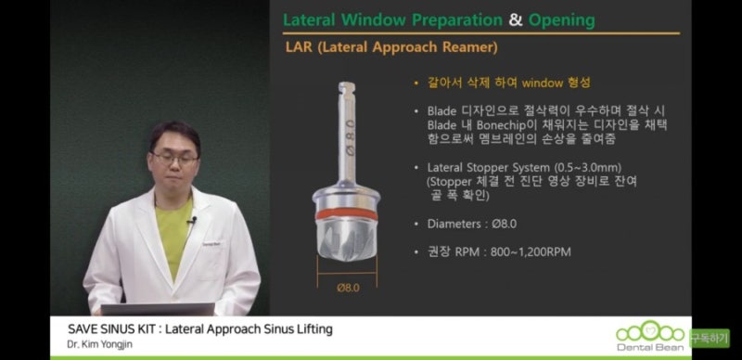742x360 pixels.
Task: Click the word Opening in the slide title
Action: pos(562,19)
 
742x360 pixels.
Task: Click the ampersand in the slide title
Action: pos(515,19)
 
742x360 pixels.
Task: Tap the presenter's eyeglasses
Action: pos(174,159)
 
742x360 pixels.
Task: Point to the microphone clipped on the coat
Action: pos(191,221)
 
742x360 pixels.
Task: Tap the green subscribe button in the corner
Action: pos(709,337)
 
